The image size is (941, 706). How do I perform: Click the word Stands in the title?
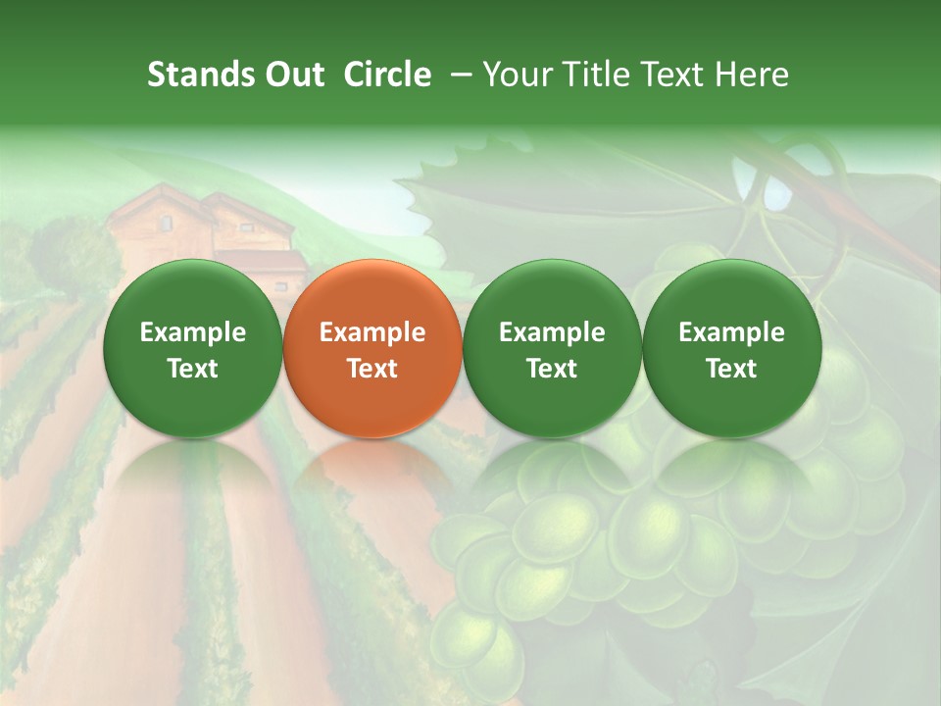[195, 75]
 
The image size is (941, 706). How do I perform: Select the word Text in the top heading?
[676, 75]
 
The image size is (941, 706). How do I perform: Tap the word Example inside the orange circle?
[372, 332]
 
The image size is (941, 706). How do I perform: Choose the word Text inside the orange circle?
[372, 369]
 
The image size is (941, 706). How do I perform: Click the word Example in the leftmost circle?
[193, 332]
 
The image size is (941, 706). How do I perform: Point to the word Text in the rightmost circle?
[731, 369]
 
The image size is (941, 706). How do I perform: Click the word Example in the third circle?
[552, 332]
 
